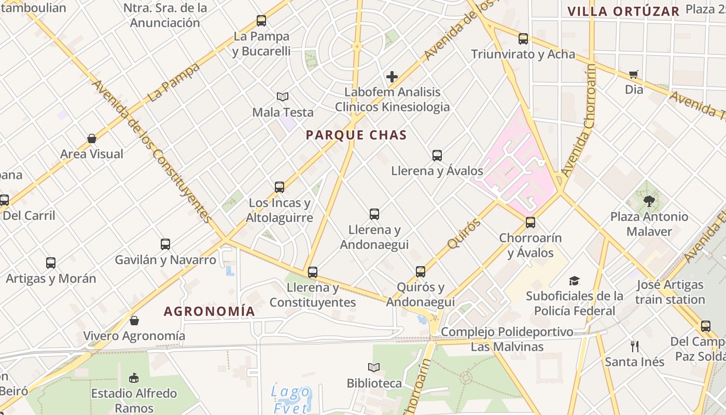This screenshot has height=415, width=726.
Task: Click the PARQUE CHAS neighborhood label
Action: click(x=356, y=135)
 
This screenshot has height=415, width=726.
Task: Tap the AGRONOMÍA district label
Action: click(x=210, y=311)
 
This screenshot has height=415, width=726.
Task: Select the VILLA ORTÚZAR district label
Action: click(x=623, y=11)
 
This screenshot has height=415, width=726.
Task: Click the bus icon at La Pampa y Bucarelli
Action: click(x=261, y=21)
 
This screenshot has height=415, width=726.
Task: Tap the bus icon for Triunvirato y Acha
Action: click(x=523, y=38)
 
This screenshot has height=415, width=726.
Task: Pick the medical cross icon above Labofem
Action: click(x=392, y=77)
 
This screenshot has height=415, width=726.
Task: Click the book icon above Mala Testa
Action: click(x=283, y=96)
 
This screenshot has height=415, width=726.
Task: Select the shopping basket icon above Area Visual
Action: click(x=92, y=139)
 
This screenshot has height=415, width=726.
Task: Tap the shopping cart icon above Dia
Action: click(x=633, y=74)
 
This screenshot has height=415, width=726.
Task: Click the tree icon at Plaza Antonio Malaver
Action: click(x=649, y=201)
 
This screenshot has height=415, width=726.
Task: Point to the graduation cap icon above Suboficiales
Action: click(x=574, y=281)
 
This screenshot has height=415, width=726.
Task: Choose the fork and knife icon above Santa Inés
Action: click(x=635, y=346)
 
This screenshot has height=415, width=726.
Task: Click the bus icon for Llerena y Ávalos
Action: click(x=437, y=155)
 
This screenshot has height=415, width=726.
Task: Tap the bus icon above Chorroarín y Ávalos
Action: click(x=530, y=223)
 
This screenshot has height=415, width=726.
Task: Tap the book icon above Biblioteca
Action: click(x=374, y=367)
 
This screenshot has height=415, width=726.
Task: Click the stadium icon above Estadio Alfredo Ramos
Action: click(x=134, y=377)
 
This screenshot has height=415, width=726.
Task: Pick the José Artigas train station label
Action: click(x=670, y=292)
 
